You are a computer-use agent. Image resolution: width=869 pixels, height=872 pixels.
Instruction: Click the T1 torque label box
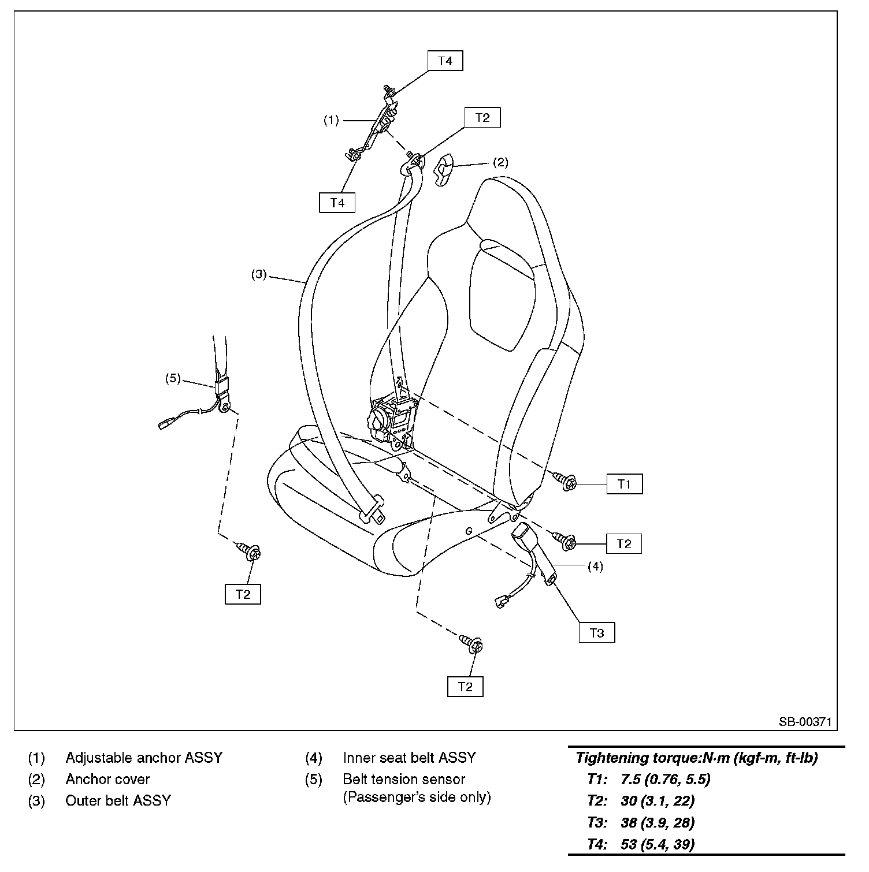(x=624, y=484)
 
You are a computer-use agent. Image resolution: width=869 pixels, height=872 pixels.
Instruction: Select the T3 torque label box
(x=596, y=632)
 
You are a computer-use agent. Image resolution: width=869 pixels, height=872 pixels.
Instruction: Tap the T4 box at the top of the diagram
(x=445, y=61)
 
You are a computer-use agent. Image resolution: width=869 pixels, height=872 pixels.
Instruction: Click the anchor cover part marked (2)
(x=444, y=170)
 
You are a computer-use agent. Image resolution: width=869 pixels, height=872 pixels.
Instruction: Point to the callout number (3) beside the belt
(x=258, y=274)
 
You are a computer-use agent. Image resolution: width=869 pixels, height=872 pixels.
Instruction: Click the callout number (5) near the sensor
(x=173, y=379)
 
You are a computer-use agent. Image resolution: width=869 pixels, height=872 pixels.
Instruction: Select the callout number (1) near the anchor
(x=330, y=121)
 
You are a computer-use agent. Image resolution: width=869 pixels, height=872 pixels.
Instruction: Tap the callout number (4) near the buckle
(x=595, y=567)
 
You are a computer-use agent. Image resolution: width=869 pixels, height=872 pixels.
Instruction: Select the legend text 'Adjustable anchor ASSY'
(x=144, y=758)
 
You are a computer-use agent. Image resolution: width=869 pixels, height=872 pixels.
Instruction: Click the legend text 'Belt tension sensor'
(x=404, y=779)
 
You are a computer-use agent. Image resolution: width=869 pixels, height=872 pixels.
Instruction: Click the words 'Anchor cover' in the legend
(x=107, y=779)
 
